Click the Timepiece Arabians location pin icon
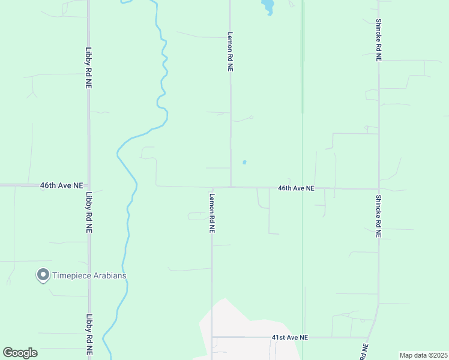pos(43,275)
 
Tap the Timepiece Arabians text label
pos(90,275)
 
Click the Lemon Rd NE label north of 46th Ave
pos(230,52)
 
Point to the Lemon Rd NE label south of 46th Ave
pos(212,212)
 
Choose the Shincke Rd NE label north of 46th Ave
pos(379,40)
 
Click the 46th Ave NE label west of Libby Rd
pos(61,185)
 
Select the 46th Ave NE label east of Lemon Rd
pos(296,188)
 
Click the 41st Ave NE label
pos(289,338)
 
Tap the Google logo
pos(20,353)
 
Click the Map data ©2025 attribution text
pos(423,355)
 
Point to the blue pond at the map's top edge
pos(268,7)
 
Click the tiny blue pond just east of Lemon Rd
pos(244,161)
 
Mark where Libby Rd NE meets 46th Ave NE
pos(89,185)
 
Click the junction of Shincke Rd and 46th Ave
pos(379,188)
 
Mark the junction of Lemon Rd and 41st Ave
pos(212,337)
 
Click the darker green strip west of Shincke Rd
pos(303,60)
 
